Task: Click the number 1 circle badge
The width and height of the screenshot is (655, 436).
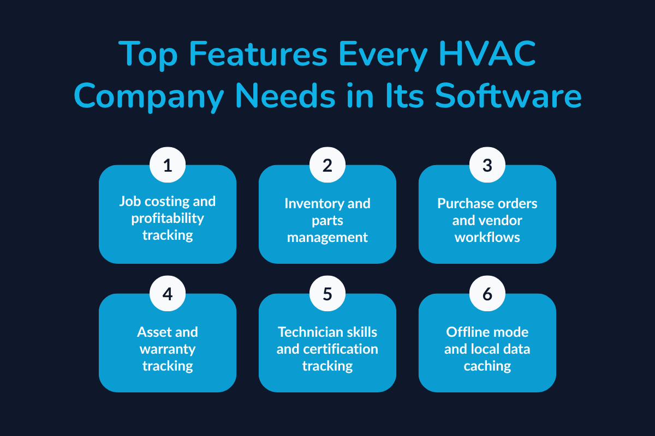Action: click(x=168, y=165)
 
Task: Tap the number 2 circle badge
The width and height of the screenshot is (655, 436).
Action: click(x=327, y=165)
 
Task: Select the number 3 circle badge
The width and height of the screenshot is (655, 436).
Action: click(x=487, y=165)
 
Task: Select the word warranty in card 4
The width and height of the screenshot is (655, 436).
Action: click(x=168, y=348)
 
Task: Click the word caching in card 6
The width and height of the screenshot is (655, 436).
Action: click(x=487, y=366)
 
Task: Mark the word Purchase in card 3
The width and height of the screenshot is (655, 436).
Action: click(x=464, y=203)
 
